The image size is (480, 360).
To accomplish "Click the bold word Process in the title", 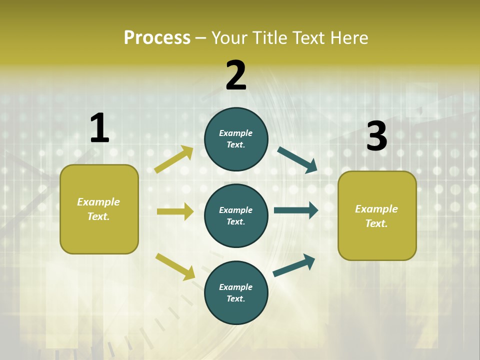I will click(x=157, y=38).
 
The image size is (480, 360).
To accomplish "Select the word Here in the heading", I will click(x=348, y=38).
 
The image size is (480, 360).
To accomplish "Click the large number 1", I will click(x=99, y=128).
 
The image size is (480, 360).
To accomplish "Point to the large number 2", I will click(x=236, y=75).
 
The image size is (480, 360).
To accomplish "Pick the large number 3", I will click(x=376, y=136).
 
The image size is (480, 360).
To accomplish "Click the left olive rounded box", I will click(x=99, y=209).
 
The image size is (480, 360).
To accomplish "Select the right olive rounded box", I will click(x=377, y=215).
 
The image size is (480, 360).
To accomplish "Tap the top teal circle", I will click(x=236, y=139).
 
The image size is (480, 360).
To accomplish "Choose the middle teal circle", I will click(x=236, y=215).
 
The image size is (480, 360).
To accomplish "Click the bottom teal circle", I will click(x=236, y=292).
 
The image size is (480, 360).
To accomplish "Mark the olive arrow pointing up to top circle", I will click(x=174, y=159).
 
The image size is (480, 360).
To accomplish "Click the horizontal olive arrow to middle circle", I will click(x=175, y=211).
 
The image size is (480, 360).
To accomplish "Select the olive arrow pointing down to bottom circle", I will click(x=175, y=266).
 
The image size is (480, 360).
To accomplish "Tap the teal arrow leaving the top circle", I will click(x=297, y=159).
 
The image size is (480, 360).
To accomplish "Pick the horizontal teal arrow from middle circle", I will click(x=296, y=210).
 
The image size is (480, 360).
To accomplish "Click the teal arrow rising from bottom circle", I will click(x=294, y=265).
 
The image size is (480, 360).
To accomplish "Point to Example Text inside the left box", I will click(x=98, y=209).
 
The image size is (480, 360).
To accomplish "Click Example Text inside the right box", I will click(x=376, y=216).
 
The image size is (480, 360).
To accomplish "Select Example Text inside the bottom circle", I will click(x=236, y=292).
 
